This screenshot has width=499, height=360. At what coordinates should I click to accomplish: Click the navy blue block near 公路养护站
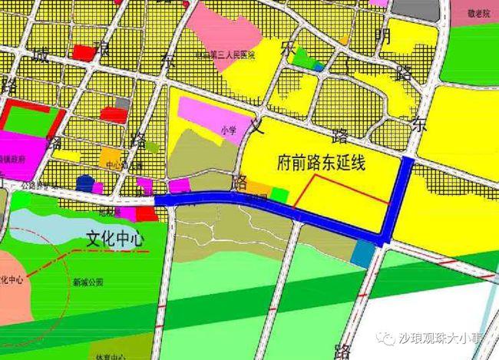point(84,183)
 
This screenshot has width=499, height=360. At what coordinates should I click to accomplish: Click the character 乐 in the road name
point(289,48)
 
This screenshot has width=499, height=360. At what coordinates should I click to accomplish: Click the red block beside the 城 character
point(81,52)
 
